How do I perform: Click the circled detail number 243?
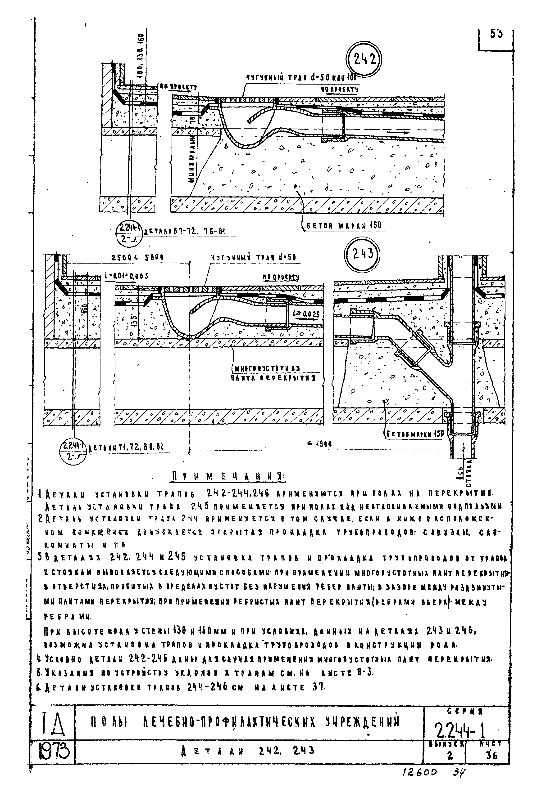362,255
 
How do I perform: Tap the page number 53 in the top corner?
496,35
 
